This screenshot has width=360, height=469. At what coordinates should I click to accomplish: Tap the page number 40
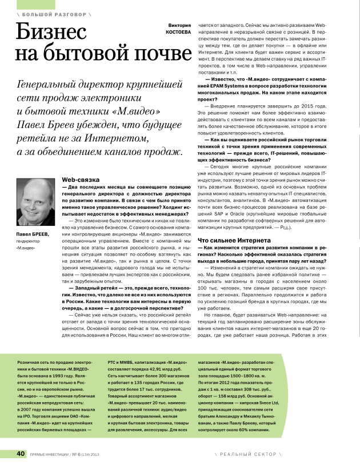(x=21, y=454)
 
